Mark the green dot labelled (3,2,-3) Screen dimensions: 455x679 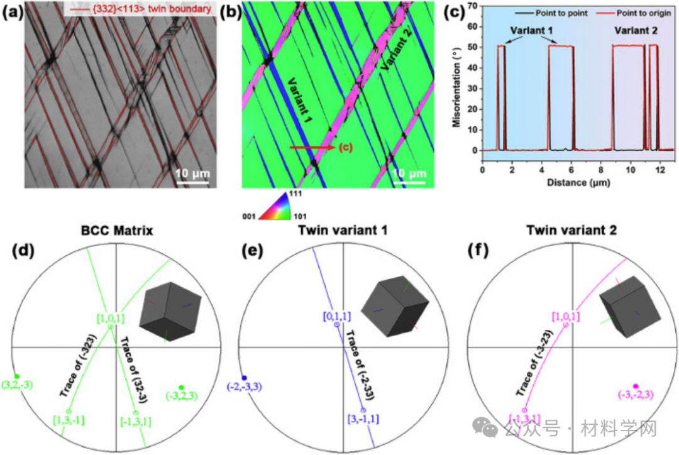click(x=17, y=376)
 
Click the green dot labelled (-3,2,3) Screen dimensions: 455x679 click(x=181, y=386)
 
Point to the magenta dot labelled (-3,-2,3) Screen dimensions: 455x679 click(x=636, y=386)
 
